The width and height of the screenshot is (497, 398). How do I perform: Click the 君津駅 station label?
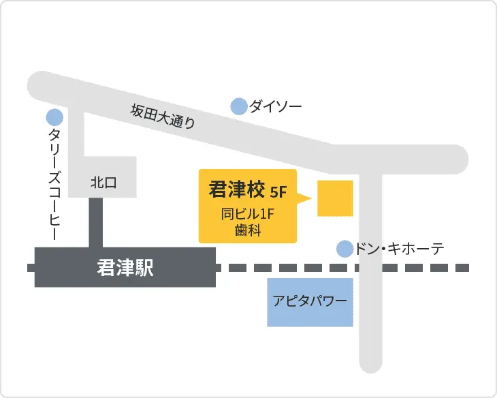point(125,268)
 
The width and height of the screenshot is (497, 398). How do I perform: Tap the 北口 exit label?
point(103,182)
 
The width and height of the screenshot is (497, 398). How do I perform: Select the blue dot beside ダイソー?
point(238,106)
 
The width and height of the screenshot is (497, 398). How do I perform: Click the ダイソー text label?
point(275,106)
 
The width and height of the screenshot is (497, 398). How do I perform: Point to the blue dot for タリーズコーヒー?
point(54,118)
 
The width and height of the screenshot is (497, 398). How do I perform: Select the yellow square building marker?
point(335,198)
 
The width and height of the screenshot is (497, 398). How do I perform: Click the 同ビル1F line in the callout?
point(247,214)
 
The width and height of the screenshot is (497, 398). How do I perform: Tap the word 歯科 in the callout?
point(247,230)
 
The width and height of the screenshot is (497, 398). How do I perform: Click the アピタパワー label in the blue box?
point(310,301)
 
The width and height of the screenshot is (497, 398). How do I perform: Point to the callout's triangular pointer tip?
point(310,199)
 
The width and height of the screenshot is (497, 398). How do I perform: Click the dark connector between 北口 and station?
point(96,222)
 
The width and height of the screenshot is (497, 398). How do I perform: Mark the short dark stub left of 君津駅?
point(31,268)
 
